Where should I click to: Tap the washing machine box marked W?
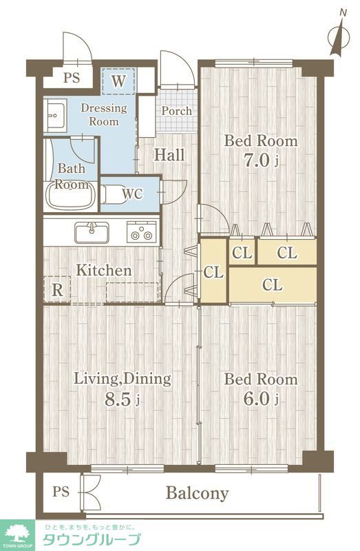118,81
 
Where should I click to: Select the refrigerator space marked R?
57,289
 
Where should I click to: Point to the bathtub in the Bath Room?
72,195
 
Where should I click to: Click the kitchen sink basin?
92,233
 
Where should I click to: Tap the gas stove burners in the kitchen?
141,232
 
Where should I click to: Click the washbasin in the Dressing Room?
55,115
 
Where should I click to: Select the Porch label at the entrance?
177,111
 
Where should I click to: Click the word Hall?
169,154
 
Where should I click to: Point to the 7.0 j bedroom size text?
262,160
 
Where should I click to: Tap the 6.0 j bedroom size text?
261,399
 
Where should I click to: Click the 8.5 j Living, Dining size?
123,399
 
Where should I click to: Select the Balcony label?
197,493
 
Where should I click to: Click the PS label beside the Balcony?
61,491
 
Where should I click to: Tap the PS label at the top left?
72,77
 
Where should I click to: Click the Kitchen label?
104,270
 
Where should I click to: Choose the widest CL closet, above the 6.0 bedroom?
273,284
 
